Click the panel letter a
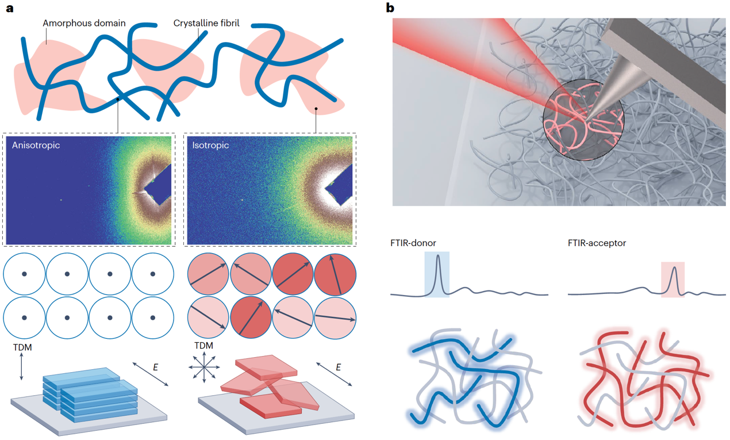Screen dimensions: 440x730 point(9,8)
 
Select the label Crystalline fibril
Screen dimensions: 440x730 point(206,24)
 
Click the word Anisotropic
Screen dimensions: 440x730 point(36,146)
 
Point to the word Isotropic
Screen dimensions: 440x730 point(210,146)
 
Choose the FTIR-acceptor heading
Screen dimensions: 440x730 point(597,243)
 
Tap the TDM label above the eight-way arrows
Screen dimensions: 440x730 point(203,346)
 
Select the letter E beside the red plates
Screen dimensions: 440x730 point(338,367)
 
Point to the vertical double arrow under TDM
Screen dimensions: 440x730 point(21,368)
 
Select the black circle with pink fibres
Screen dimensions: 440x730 point(583,117)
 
